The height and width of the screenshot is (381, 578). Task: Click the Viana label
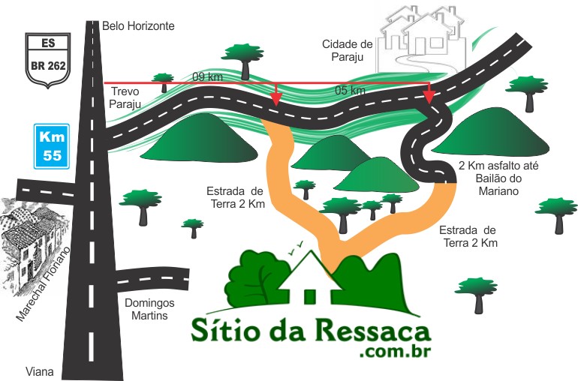coord(40,371)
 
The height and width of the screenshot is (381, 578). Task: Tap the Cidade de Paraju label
coord(346,50)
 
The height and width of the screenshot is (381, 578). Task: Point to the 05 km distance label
coord(351,91)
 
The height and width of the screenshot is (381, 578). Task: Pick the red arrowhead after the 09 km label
coord(276,98)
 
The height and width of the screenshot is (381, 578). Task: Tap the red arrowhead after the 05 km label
coord(429,97)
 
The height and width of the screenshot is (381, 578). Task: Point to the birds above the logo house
coord(297,244)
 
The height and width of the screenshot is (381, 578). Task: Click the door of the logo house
coord(306,295)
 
